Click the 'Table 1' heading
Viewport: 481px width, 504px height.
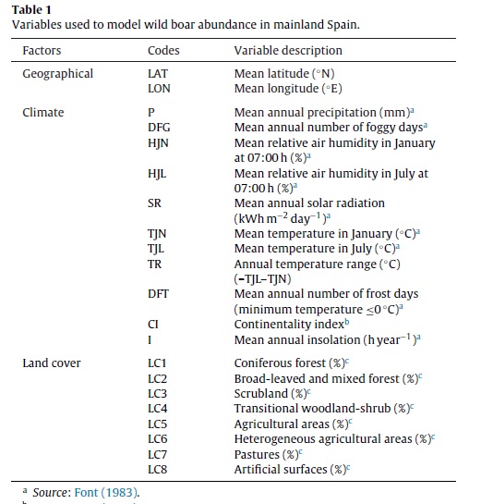(31, 9)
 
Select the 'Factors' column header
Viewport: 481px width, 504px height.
(42, 51)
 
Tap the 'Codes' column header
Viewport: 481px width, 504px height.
(163, 51)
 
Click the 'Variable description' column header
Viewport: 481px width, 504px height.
(288, 51)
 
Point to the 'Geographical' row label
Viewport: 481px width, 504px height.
(58, 74)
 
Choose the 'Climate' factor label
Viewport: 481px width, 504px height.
(43, 113)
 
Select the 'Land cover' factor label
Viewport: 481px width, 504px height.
(52, 363)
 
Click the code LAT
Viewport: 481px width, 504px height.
(158, 74)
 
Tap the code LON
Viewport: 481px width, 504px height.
(159, 89)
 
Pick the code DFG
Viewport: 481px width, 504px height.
(159, 128)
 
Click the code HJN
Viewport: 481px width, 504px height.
(158, 143)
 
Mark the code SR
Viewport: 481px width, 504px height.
(154, 203)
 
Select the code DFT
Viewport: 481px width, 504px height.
(158, 294)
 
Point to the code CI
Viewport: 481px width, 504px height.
(152, 325)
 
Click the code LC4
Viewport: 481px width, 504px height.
(157, 409)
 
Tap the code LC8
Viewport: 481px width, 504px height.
(157, 470)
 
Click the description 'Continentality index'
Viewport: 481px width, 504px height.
(289, 325)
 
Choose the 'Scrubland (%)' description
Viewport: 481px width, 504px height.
(271, 394)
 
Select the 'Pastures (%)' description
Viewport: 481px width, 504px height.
(266, 455)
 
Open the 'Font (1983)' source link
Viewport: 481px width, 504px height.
(106, 493)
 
